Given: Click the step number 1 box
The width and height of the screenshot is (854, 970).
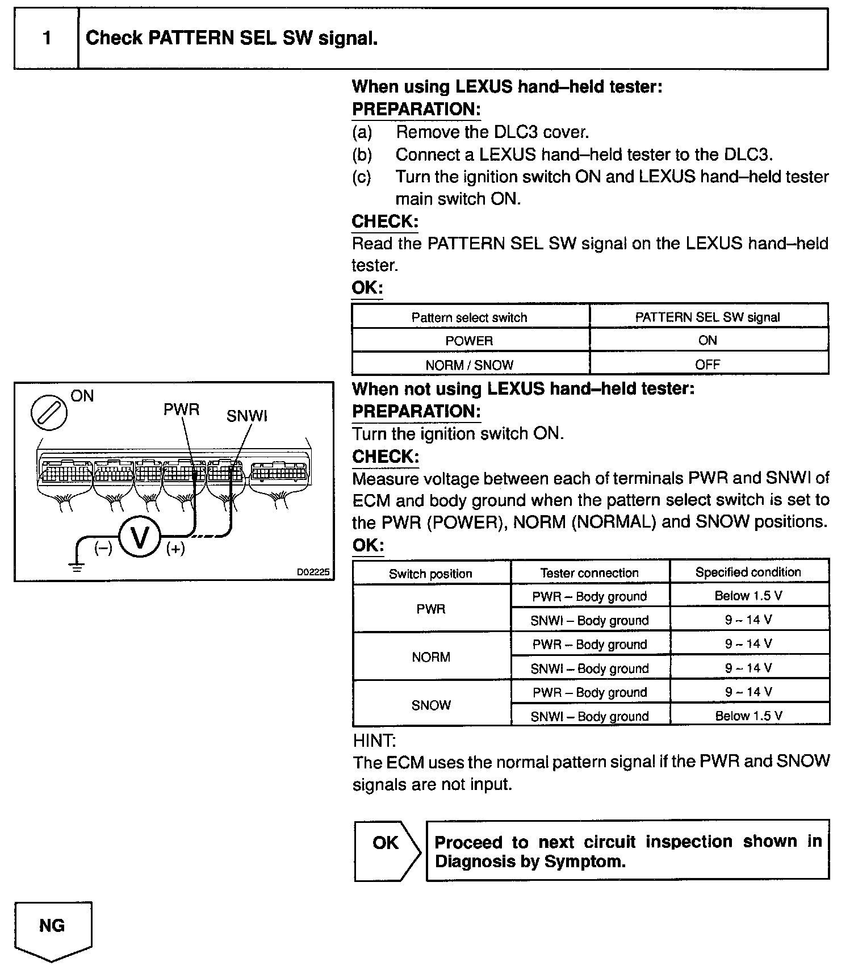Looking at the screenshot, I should pyautogui.click(x=47, y=39).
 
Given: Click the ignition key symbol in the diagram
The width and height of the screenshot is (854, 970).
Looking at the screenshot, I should pyautogui.click(x=49, y=412).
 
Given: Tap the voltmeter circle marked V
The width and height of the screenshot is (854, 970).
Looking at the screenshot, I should pyautogui.click(x=140, y=536).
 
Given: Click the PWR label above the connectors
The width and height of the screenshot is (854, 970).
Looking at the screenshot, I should pyautogui.click(x=181, y=409).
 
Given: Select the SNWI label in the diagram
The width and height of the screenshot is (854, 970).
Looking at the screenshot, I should pyautogui.click(x=246, y=416).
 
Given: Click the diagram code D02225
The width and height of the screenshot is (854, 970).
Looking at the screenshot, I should pyautogui.click(x=313, y=572).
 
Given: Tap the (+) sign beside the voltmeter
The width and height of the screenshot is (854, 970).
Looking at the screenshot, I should pyautogui.click(x=175, y=549).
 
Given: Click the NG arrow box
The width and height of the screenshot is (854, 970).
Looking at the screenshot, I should pyautogui.click(x=52, y=930).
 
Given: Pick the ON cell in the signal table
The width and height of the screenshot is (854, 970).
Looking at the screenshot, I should pyautogui.click(x=708, y=340).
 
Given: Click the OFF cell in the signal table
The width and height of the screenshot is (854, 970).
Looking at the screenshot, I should pyautogui.click(x=708, y=365).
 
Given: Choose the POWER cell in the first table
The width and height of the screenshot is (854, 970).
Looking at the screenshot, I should pyautogui.click(x=470, y=341).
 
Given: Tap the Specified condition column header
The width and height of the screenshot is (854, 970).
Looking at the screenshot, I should pyautogui.click(x=748, y=572).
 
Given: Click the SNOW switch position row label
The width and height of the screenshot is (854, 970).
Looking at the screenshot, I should pyautogui.click(x=431, y=705).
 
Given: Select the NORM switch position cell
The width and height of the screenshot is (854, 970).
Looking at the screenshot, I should pyautogui.click(x=431, y=657).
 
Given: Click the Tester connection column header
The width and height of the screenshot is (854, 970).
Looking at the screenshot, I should pyautogui.click(x=589, y=573).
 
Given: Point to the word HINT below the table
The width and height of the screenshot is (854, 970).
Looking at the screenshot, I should pyautogui.click(x=375, y=741).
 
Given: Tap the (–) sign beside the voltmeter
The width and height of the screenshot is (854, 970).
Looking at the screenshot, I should pyautogui.click(x=103, y=549).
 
